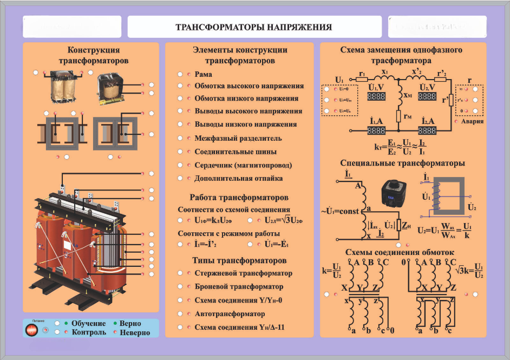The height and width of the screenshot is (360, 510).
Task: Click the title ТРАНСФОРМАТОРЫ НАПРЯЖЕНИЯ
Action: [x=253, y=27]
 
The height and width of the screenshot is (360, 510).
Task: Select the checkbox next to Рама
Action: [x=180, y=74]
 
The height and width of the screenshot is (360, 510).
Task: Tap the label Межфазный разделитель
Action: [x=238, y=139]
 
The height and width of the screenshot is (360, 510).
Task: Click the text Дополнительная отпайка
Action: [x=238, y=178]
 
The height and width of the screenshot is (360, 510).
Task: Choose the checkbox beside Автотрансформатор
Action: [x=180, y=314]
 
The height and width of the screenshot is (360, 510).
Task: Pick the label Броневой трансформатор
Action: [x=239, y=286]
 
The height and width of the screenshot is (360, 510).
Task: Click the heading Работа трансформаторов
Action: [x=239, y=198]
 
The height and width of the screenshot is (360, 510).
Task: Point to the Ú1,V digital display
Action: [x=376, y=96]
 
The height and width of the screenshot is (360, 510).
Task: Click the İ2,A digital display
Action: [x=427, y=130]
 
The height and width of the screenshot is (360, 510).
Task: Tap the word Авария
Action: [x=473, y=121]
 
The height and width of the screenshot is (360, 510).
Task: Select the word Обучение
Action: [x=88, y=323]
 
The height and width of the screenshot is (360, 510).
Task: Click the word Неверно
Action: [x=135, y=332]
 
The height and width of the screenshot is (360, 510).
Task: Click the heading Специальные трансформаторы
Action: [x=403, y=163]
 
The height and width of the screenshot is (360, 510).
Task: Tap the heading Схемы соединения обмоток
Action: [x=400, y=252]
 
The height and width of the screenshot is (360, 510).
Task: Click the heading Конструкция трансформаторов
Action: [x=90, y=55]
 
